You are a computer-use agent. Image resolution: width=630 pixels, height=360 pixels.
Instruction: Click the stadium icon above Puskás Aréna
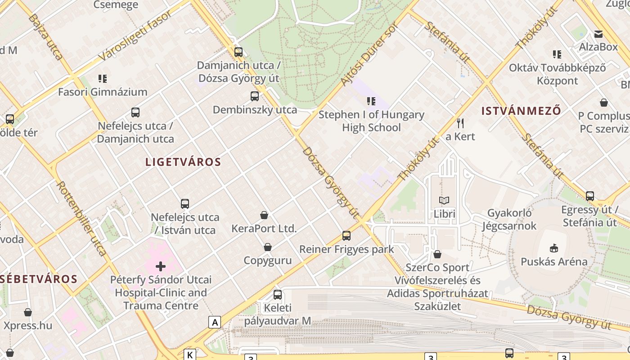(x=553, y=248)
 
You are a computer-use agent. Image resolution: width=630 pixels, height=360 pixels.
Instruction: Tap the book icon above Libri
(x=444, y=201)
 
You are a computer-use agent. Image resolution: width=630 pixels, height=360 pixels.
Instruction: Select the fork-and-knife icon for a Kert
(x=460, y=123)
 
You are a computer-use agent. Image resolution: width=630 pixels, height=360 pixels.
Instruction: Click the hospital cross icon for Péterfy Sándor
(x=161, y=266)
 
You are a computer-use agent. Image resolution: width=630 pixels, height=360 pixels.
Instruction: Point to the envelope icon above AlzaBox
(x=598, y=34)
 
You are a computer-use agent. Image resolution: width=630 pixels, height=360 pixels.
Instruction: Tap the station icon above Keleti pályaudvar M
(x=278, y=295)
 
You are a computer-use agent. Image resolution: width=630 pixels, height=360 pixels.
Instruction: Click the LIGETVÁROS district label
(x=183, y=162)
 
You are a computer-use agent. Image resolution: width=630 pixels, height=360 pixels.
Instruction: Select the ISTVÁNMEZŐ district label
(x=521, y=111)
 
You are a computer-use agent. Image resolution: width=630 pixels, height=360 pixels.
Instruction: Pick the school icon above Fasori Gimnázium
(x=103, y=79)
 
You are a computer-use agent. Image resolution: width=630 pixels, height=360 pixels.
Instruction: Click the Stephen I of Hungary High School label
(x=371, y=121)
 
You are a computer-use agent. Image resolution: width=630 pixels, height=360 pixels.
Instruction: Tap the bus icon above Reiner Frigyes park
(x=346, y=235)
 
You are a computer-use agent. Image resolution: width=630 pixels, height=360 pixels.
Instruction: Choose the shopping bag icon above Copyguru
(x=268, y=247)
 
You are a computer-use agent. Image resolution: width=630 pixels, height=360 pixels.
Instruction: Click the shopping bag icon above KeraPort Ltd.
(x=264, y=215)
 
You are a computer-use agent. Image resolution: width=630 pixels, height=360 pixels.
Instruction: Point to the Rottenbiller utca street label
(x=81, y=218)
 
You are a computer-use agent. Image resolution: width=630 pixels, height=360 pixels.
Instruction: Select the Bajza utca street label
(x=45, y=37)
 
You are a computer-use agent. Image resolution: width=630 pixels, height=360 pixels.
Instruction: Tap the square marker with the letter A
(x=215, y=322)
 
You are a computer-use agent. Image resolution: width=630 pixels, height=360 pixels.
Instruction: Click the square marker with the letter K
(x=190, y=355)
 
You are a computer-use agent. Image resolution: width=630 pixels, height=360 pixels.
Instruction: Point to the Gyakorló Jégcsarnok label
(x=509, y=219)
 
